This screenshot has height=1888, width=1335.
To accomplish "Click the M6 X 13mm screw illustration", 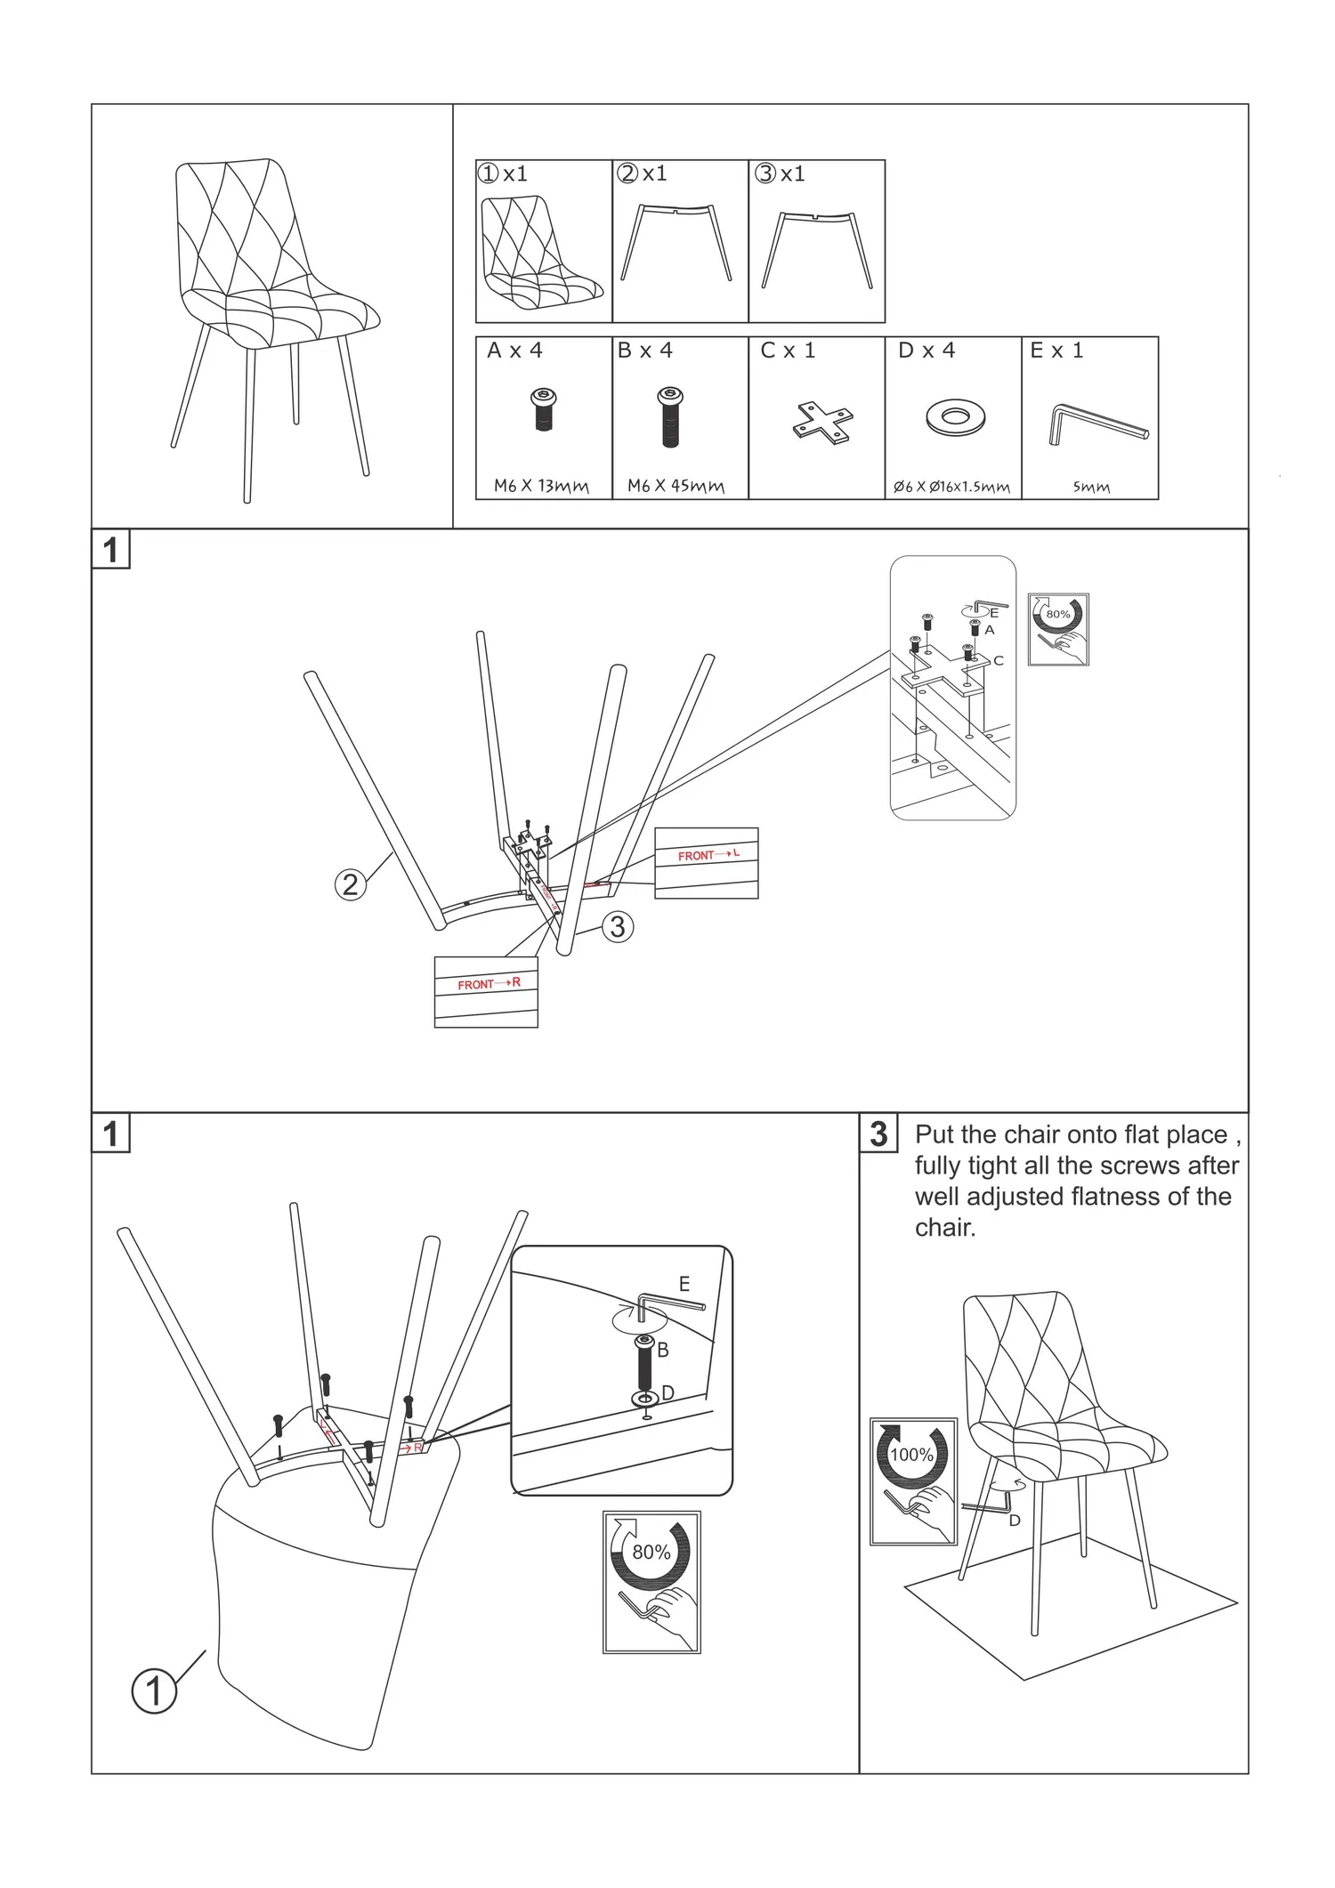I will (x=543, y=409).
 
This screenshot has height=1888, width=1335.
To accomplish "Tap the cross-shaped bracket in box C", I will (x=823, y=422).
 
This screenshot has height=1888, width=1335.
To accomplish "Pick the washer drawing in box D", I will (x=955, y=417).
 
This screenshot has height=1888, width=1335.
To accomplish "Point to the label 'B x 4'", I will (x=645, y=351).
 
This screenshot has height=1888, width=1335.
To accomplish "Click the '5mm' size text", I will (x=1090, y=487).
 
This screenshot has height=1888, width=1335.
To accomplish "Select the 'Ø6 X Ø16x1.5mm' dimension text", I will (x=951, y=487).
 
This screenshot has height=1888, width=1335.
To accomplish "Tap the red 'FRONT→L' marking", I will (x=708, y=855).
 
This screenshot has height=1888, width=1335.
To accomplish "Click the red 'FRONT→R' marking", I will (x=488, y=984).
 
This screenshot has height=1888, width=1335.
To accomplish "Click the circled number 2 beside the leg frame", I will (x=351, y=884).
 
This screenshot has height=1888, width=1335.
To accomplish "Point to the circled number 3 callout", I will (x=617, y=927).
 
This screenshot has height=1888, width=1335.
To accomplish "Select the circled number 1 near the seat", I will (x=154, y=1690).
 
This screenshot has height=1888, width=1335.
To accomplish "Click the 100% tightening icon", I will (x=912, y=1481).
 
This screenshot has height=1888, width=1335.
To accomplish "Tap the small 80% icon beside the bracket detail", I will (x=1058, y=629).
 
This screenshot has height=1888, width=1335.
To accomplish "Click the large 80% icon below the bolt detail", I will (x=651, y=1581).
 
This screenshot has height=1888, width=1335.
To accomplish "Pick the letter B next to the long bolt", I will (x=662, y=1350).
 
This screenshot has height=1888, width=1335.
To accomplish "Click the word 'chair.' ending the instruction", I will (x=945, y=1228).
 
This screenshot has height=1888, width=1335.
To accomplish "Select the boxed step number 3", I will (x=878, y=1134).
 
